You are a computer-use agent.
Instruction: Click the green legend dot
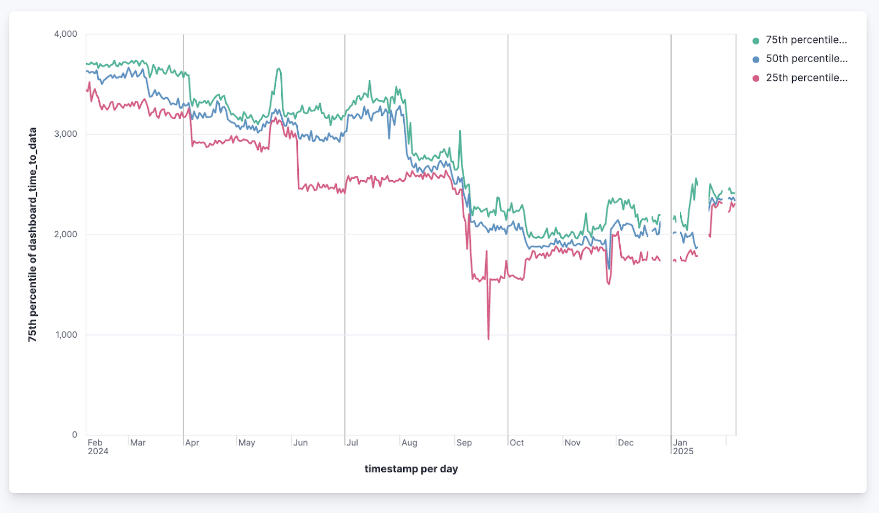pos(756,41)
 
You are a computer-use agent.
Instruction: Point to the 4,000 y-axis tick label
pos(65,34)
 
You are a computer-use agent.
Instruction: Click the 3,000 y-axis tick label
pos(65,134)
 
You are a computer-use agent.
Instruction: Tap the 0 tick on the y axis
pos(75,434)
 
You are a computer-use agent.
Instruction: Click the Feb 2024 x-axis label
pos(98,447)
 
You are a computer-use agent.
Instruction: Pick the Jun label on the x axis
pos(301,443)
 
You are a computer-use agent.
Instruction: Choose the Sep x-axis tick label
pos(464,443)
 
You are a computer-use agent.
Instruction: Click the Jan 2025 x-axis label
pos(683,447)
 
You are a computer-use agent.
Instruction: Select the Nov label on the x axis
pos(572,443)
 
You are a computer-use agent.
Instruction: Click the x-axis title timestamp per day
pos(411,469)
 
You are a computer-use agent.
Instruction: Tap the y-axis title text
pos(33,235)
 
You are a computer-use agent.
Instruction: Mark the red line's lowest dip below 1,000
pos(488,339)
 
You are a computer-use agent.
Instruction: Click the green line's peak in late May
pos(279,69)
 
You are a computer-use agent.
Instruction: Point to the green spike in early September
pos(460,131)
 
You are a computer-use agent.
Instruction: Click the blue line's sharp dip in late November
pos(609,269)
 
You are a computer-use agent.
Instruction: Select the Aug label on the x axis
pos(409,443)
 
